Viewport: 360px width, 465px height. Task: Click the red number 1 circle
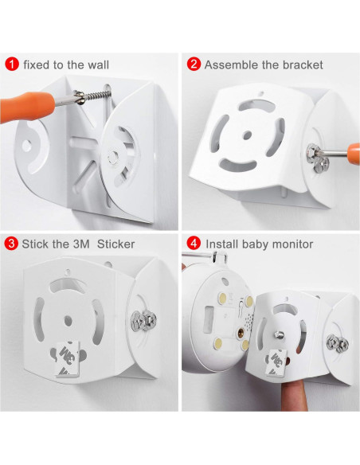point(11,64)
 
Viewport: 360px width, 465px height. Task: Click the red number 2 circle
point(193,64)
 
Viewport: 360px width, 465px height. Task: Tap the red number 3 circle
point(11,244)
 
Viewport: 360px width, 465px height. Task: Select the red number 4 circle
point(193,244)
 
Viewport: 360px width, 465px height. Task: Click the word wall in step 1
point(95,64)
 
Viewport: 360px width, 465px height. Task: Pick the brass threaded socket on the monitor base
point(237,328)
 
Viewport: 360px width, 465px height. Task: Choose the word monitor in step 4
point(293,244)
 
